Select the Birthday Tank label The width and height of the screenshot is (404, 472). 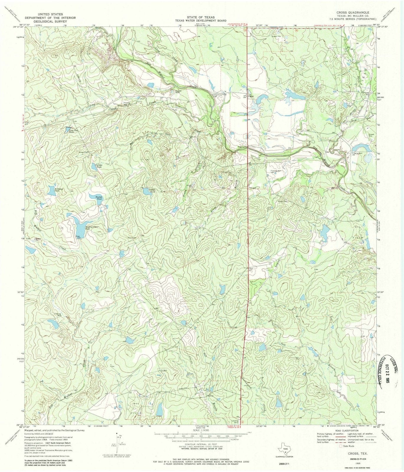pos(58,190)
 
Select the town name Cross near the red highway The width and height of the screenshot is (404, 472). pos(251,96)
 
